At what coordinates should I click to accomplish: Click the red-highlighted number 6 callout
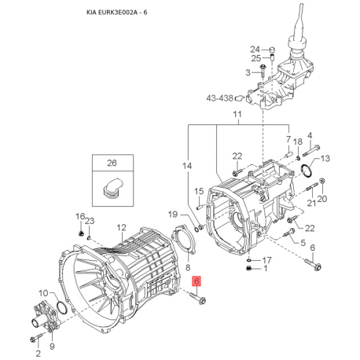tap(197, 281)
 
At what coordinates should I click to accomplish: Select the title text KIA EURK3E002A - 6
tap(116, 12)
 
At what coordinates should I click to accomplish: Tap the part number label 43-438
tap(219, 98)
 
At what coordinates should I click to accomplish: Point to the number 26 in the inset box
tap(112, 163)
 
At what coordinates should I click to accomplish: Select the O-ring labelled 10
tap(62, 307)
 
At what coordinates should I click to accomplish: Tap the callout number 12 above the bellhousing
tap(121, 227)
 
